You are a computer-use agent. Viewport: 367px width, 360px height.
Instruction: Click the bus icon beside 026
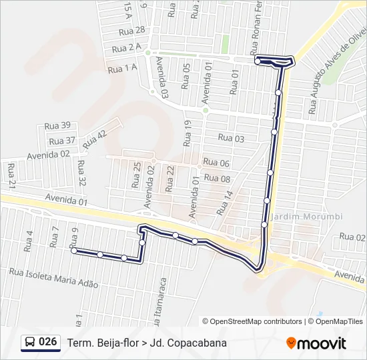(30, 343)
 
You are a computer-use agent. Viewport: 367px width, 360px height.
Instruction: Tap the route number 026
(48, 342)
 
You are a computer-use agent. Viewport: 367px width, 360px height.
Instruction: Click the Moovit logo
(316, 343)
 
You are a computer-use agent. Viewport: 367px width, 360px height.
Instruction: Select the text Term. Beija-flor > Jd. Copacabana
(147, 343)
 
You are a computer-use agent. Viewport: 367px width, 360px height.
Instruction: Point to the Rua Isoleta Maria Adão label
(53, 278)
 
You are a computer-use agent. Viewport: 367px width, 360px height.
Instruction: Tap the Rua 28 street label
(131, 31)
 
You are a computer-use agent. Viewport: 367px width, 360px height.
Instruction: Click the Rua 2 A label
(126, 49)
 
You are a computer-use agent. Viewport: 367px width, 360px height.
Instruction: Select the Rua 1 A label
(122, 67)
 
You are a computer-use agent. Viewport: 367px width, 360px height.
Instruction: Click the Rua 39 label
(57, 125)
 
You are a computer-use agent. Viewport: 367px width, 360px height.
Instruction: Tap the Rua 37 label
(62, 141)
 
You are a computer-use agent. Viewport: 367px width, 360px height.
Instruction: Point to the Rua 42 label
(95, 139)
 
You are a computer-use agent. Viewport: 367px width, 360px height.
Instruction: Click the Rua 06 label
(216, 163)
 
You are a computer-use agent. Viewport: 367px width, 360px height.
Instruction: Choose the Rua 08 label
(217, 179)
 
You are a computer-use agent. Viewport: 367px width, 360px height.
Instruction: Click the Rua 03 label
(232, 139)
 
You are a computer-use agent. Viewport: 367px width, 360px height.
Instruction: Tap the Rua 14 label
(226, 203)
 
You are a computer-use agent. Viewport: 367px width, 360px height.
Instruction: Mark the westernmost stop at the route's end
(73, 251)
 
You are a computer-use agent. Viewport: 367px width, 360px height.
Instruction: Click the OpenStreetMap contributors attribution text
(252, 321)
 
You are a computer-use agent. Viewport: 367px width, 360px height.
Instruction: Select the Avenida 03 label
(161, 77)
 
